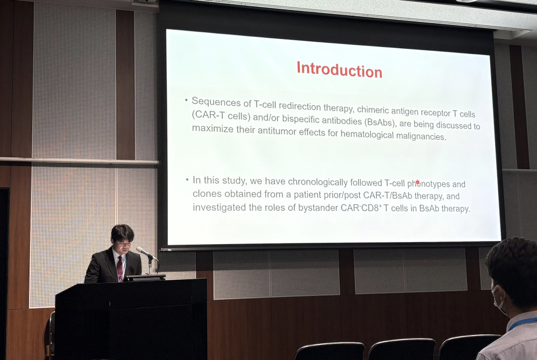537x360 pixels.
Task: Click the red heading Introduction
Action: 339,70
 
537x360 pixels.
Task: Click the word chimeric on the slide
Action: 372,110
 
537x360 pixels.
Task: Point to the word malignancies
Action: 421,136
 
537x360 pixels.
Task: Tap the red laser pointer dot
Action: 417,182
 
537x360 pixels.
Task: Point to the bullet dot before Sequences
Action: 186,100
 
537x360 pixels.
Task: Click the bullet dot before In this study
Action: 187,179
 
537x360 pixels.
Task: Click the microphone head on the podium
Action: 142,251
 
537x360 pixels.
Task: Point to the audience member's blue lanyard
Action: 522,323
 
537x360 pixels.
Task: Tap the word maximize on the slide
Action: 213,129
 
